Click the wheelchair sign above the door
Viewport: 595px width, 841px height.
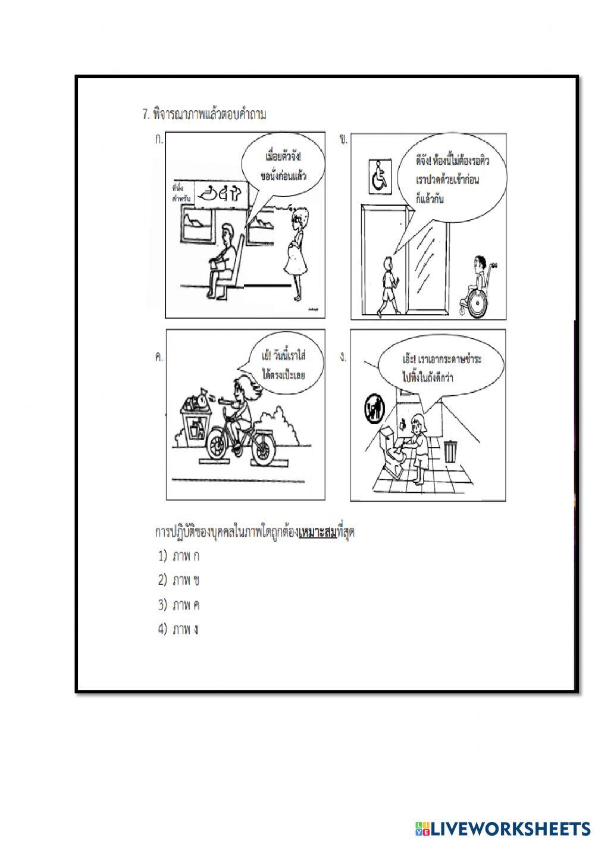[378, 176]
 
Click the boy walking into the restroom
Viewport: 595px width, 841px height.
[388, 283]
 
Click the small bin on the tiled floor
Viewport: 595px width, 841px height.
[451, 451]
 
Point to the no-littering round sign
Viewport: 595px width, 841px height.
[374, 410]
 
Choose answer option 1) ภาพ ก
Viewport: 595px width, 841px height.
[179, 557]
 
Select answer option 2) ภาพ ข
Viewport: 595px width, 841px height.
[179, 580]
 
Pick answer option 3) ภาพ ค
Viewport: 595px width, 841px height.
[179, 605]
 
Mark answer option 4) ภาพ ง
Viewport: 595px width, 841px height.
[179, 629]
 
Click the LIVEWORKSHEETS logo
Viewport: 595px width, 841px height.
[502, 828]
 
